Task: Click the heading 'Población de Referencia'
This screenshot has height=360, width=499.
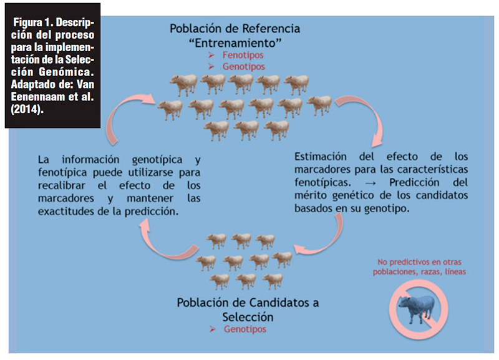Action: [235, 29]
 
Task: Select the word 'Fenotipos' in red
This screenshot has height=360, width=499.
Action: [243, 55]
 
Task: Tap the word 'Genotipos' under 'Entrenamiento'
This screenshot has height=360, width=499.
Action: [243, 67]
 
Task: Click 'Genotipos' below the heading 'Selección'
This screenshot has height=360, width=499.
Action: [245, 329]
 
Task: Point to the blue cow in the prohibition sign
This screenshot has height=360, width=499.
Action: [417, 308]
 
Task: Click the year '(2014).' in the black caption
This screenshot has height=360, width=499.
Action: [27, 109]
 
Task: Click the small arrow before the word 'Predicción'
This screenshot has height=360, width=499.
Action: [370, 183]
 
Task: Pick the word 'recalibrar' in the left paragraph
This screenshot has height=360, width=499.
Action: [62, 185]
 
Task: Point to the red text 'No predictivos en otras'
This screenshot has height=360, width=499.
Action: [419, 262]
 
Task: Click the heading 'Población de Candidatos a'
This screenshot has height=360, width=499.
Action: [248, 303]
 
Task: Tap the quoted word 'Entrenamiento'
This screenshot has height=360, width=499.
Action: [235, 43]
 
